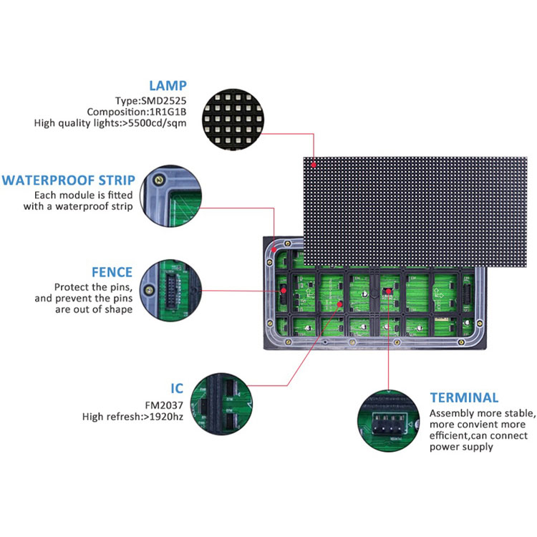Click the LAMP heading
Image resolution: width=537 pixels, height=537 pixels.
point(168,86)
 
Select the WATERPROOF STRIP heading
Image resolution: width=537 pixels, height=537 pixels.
point(69,180)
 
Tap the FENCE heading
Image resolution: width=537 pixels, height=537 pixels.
point(112,272)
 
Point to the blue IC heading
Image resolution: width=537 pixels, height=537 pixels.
point(177,388)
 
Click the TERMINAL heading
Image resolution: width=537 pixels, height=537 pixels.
point(464,397)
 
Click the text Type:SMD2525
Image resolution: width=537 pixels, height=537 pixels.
point(150,101)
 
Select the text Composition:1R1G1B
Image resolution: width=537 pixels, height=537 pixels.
point(137,112)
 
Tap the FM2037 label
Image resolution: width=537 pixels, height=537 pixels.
point(164,405)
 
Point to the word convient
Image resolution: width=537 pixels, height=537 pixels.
point(478,425)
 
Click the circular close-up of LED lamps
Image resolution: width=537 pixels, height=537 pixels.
point(233,120)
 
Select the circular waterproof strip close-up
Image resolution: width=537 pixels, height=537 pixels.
point(171,196)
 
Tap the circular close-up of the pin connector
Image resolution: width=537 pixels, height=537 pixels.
point(171,291)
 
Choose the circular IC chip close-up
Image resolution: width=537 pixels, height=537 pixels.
point(221,404)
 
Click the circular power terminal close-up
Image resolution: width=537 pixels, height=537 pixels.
point(388,421)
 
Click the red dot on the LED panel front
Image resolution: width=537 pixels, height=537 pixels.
point(314,165)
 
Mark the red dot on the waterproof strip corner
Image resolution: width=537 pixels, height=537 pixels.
point(274,250)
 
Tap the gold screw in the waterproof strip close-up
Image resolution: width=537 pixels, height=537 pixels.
point(158,180)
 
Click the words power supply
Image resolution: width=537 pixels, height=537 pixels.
point(461,447)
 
